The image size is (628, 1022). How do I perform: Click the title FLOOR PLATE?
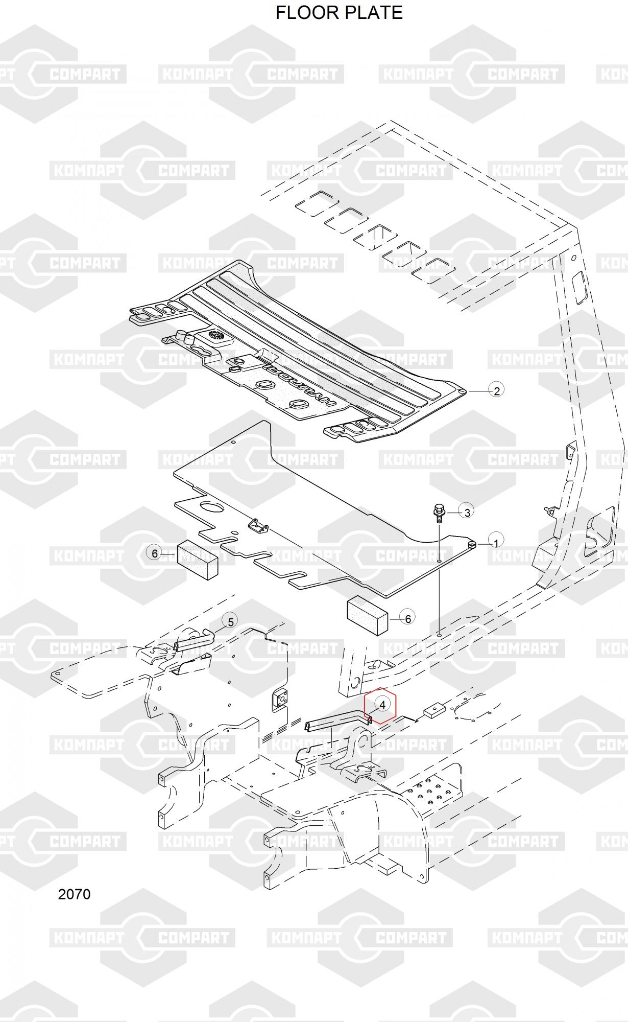[x=339, y=12]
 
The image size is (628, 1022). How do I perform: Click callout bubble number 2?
[x=496, y=391]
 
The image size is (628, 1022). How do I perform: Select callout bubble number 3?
[x=467, y=511]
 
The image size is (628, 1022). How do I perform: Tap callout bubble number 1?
[x=496, y=542]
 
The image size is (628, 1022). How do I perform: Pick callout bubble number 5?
[x=230, y=622]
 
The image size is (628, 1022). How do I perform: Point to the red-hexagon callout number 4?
[x=383, y=704]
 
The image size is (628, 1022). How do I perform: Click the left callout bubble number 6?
[x=155, y=553]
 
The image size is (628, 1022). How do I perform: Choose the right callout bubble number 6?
[x=407, y=619]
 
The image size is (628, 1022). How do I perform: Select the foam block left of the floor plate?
[x=198, y=560]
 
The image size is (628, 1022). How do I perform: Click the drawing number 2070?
[x=75, y=894]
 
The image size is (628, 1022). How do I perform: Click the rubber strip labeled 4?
[x=337, y=722]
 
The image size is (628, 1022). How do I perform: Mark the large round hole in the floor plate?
[x=212, y=507]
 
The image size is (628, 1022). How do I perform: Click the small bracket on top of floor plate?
[x=259, y=526]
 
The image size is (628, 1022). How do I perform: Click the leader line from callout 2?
[x=478, y=391]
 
